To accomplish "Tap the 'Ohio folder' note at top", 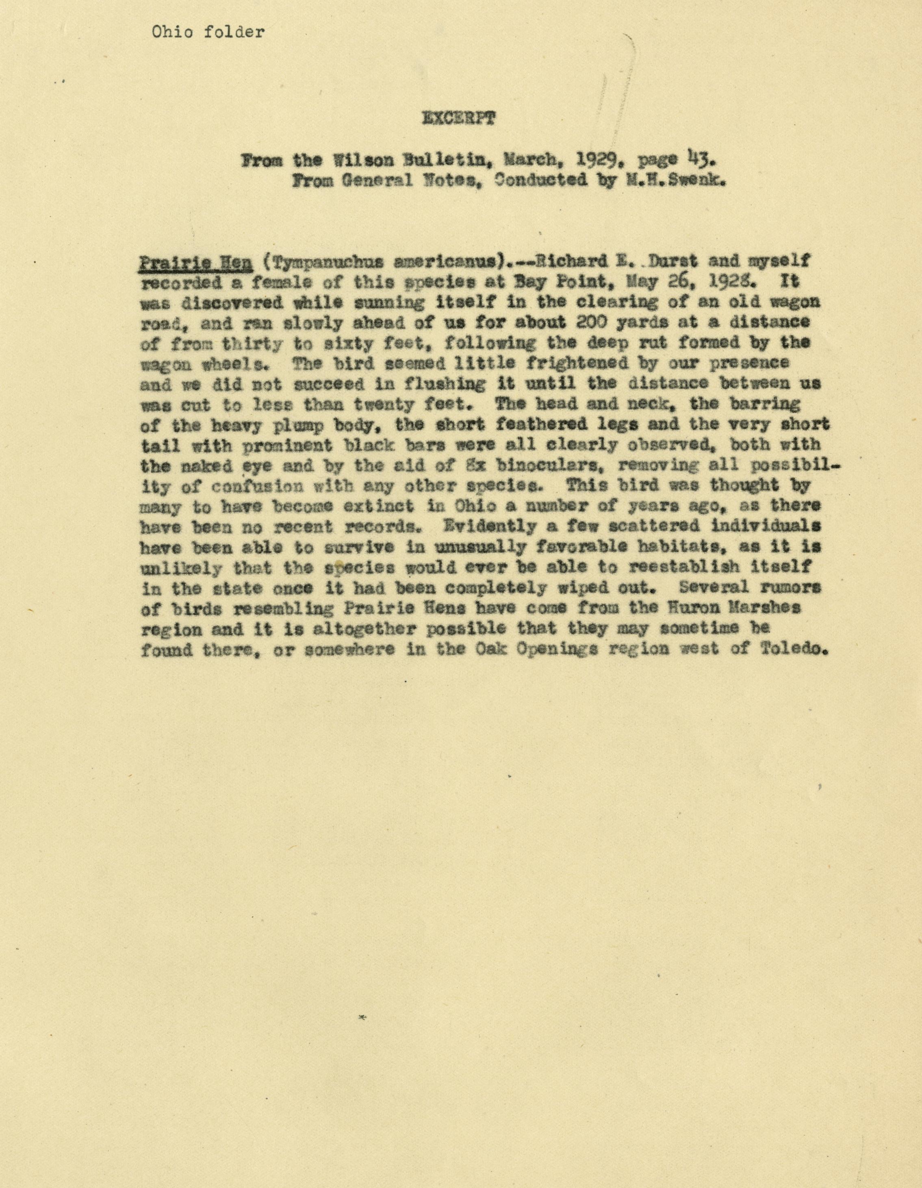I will tap(208, 33).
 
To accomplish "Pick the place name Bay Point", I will tap(572, 282).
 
